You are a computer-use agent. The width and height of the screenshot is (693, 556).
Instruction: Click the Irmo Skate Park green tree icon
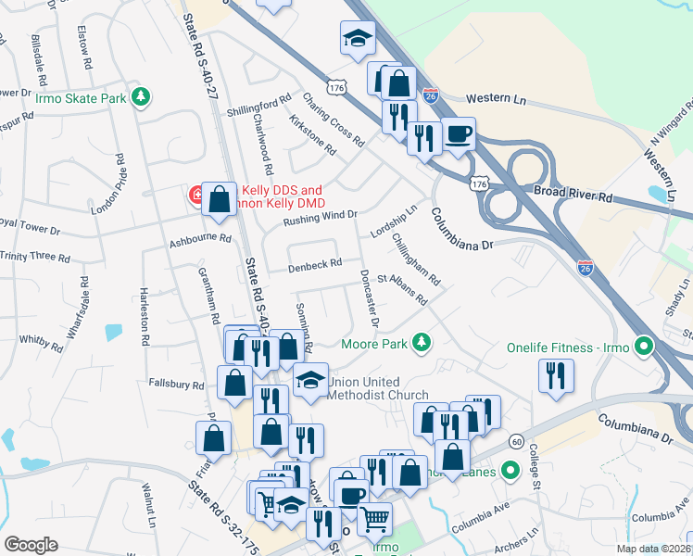click(x=140, y=96)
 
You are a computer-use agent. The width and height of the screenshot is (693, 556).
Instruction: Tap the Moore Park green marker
click(x=422, y=344)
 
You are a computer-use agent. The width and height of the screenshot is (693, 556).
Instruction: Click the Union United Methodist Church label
click(x=366, y=388)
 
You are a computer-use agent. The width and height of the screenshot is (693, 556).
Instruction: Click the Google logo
click(x=31, y=544)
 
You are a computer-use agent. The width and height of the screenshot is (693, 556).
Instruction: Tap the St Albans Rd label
click(x=402, y=288)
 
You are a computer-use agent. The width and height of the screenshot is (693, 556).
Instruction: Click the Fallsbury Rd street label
click(x=176, y=384)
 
